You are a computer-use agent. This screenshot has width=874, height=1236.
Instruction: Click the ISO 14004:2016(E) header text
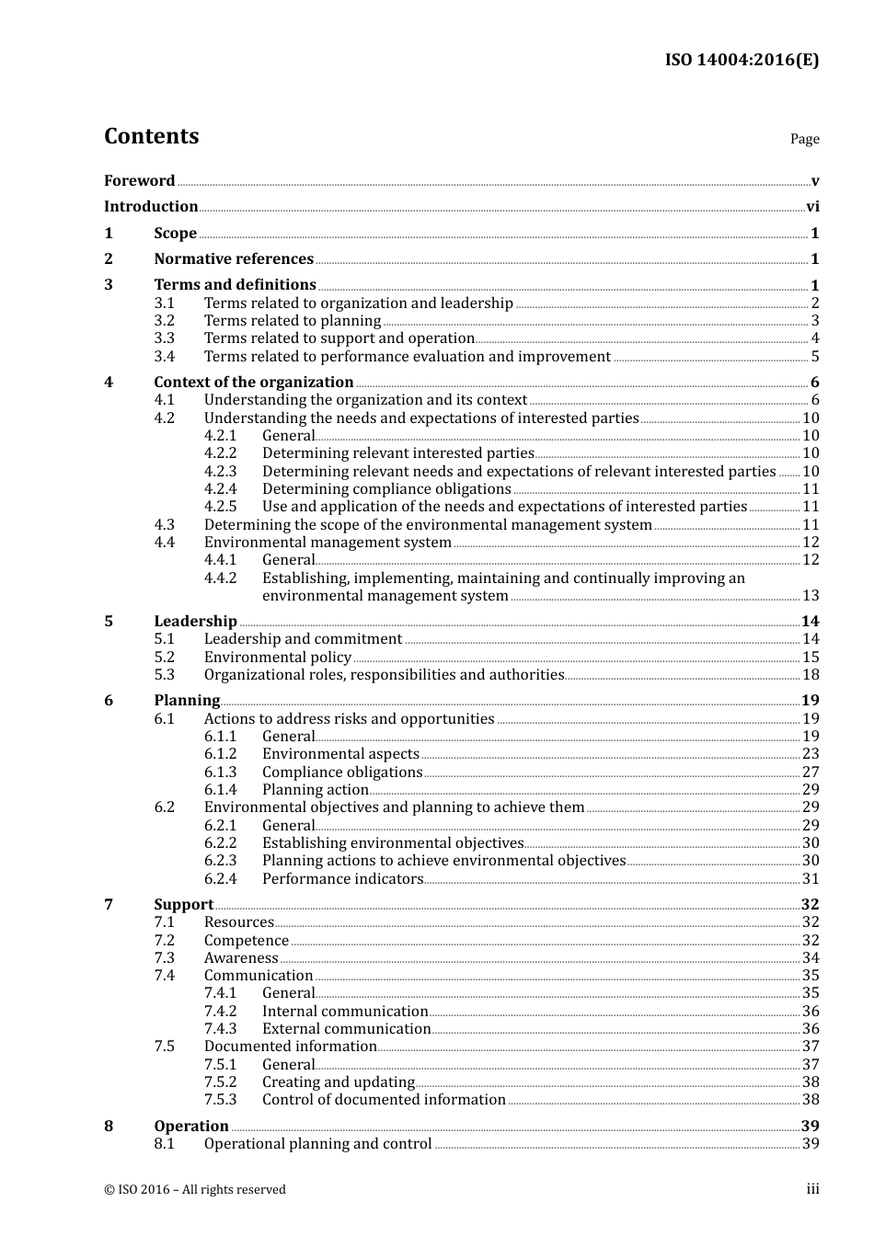click(x=742, y=60)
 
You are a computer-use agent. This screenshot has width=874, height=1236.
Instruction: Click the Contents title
click(x=151, y=136)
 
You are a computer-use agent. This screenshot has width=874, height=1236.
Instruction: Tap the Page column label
click(x=804, y=139)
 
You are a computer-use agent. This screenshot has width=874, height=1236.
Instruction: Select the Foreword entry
click(x=139, y=181)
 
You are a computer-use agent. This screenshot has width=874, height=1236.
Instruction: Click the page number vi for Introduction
click(x=812, y=207)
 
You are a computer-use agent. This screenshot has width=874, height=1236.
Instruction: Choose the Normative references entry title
click(x=234, y=259)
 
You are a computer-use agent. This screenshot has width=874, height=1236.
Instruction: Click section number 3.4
click(x=164, y=357)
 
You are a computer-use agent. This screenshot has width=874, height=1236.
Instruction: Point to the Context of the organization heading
click(x=254, y=383)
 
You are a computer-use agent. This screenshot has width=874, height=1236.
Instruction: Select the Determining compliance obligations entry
click(x=386, y=489)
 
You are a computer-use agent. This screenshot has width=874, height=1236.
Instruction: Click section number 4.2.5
click(x=220, y=507)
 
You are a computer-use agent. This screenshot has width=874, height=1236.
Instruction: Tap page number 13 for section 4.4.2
click(x=811, y=596)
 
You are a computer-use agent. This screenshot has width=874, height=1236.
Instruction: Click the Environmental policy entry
click(x=278, y=658)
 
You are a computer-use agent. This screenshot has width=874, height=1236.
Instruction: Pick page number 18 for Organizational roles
click(x=811, y=675)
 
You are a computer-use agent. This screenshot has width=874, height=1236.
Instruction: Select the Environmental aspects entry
click(x=340, y=754)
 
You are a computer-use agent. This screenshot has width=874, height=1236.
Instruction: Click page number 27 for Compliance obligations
click(x=811, y=772)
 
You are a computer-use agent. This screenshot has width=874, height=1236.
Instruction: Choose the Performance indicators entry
click(x=342, y=879)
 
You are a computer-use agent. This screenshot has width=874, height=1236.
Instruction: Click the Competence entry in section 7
click(x=247, y=941)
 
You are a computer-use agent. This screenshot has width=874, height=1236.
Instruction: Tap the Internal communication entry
click(x=345, y=1012)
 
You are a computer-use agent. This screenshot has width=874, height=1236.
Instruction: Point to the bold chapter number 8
click(x=109, y=1127)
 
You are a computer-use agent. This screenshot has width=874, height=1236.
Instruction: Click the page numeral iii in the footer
click(x=812, y=1189)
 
